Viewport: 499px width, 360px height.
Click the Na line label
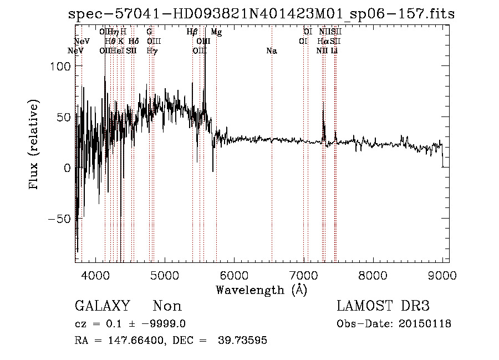pos(272,51)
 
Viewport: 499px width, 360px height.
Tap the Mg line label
pos(216,32)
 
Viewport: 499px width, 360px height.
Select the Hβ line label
pos(192,32)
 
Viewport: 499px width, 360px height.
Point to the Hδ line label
pos(133,41)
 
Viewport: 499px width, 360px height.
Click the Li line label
pos(334,51)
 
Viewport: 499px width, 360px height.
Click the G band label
pos(149,32)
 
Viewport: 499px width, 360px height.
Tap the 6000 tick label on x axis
pos(235,275)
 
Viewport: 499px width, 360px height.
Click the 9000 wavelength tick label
pos(442,275)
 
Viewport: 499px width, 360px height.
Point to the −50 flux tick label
pos(58,219)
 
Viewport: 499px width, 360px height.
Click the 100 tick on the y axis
pos(57,66)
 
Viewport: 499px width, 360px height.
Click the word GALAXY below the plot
pos(102,306)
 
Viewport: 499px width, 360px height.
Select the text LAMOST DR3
pos(383,306)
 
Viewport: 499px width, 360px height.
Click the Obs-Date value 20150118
pos(424,324)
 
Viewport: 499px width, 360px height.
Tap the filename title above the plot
pos(261,14)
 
